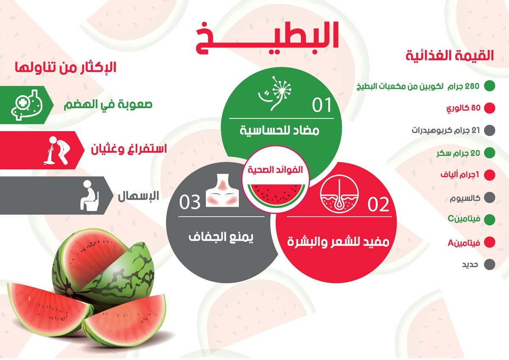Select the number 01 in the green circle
(x=322, y=105)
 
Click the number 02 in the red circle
(x=378, y=205)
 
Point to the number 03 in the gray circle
(x=190, y=202)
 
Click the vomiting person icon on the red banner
(x=55, y=149)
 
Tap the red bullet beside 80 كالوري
(x=489, y=108)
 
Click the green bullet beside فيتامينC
(x=489, y=219)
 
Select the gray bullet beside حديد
(x=489, y=264)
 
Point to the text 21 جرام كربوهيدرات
(x=446, y=130)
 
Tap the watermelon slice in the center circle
(x=276, y=193)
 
